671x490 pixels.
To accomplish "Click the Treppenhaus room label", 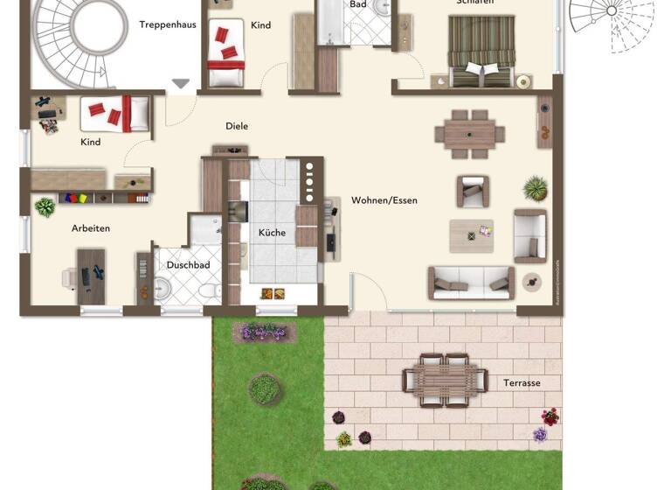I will pos(167,24).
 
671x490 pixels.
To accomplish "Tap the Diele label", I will pos(237,126).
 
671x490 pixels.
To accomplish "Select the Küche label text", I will pos(271,233).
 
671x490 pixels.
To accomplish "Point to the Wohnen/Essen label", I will pos(384,200).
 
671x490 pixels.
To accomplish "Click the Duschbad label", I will pos(188,264).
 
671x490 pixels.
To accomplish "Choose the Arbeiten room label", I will pos(91,228).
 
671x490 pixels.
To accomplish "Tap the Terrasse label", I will pos(522,383).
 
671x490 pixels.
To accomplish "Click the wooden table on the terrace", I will pos(445,380).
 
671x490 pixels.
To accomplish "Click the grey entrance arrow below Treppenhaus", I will pos(181,84).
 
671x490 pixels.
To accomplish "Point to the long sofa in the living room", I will pos(471,283).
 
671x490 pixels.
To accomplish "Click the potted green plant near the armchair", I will pos(536,187).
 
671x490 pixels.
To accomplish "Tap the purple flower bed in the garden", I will pos(263,332).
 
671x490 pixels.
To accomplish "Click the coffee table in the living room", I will pos(472,234).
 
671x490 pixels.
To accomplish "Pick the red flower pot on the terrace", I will pos(550,416).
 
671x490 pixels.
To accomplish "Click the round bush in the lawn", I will pos(264,388).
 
